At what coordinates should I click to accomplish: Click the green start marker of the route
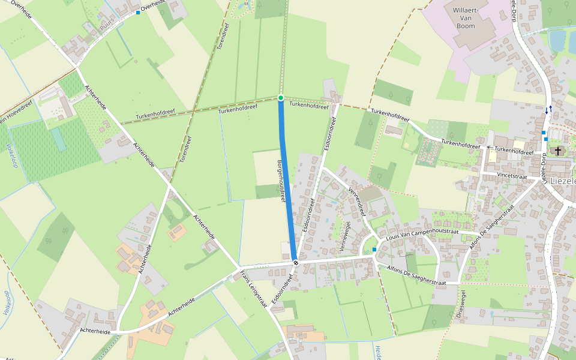(281, 97)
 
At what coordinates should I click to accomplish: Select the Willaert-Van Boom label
(473, 19)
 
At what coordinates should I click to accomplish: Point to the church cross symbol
(559, 151)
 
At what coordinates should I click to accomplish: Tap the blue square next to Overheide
(138, 13)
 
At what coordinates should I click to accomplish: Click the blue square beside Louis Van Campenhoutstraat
(374, 249)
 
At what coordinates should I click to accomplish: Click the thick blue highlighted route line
(287, 180)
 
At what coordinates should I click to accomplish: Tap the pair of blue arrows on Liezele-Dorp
(548, 110)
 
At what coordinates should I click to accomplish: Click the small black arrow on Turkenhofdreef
(489, 147)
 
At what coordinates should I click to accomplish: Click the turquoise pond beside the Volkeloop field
(58, 139)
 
